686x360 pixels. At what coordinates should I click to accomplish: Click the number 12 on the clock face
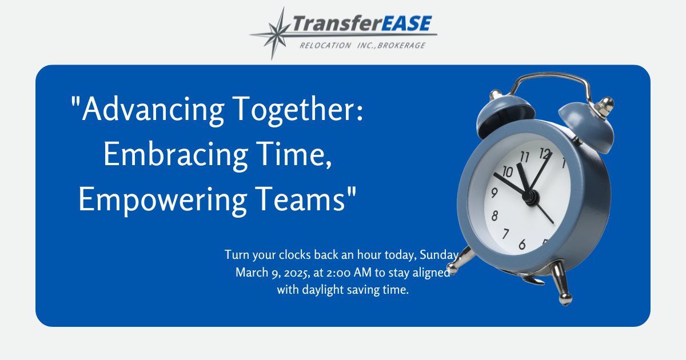[545, 153]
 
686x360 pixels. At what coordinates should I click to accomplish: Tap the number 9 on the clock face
[494, 193]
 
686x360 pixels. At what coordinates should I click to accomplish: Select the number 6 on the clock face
[522, 245]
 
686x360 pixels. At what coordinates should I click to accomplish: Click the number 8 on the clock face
[495, 215]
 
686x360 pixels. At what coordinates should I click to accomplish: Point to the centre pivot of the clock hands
[531, 197]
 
